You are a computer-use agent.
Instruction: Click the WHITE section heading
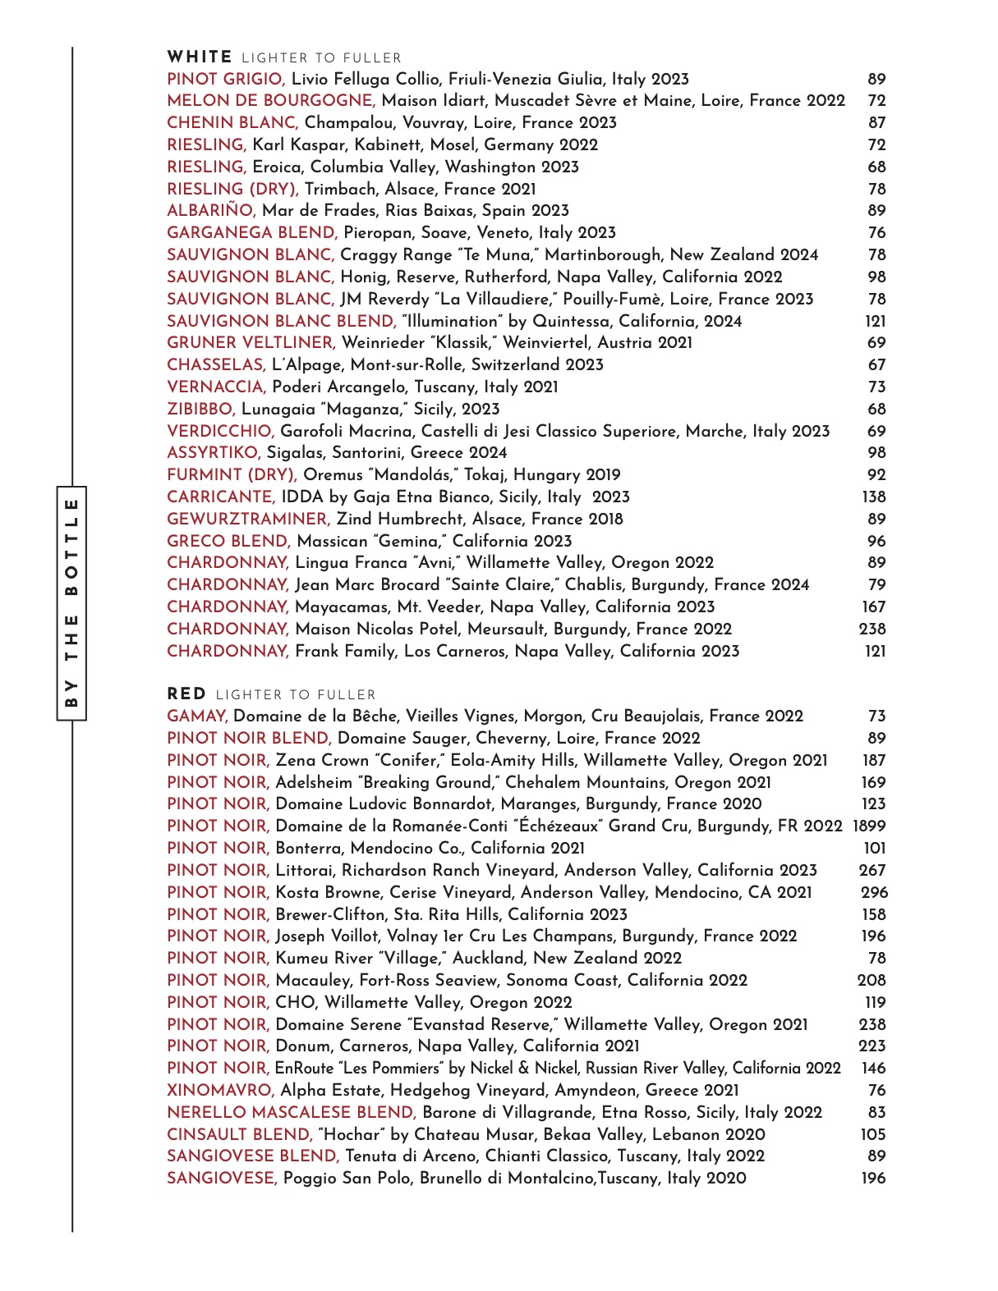coord(200,57)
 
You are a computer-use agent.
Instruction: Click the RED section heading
coord(186,694)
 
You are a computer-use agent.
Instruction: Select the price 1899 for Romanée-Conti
coord(869,826)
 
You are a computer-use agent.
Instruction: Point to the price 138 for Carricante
coord(874,497)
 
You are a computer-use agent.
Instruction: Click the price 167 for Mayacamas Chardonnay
coord(874,607)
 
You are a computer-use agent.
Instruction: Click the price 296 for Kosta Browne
coord(874,893)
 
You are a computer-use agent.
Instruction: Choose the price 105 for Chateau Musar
coord(873,1135)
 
